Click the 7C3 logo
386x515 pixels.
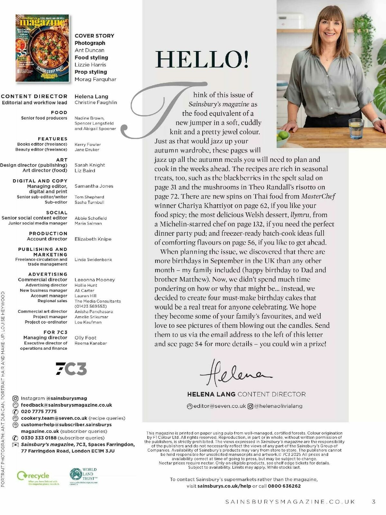coord(71,369)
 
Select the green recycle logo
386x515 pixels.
coord(33,476)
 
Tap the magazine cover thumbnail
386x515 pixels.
coord(42,48)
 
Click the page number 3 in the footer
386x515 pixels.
coord(373,501)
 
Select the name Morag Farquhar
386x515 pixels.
coord(95,79)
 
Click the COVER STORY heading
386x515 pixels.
coord(94,36)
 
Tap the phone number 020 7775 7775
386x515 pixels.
coord(39,411)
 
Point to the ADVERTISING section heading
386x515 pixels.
coord(48,274)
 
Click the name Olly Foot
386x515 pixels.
coord(85,338)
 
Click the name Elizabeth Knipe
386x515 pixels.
coord(93,239)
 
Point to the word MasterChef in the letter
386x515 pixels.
coord(318,196)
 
